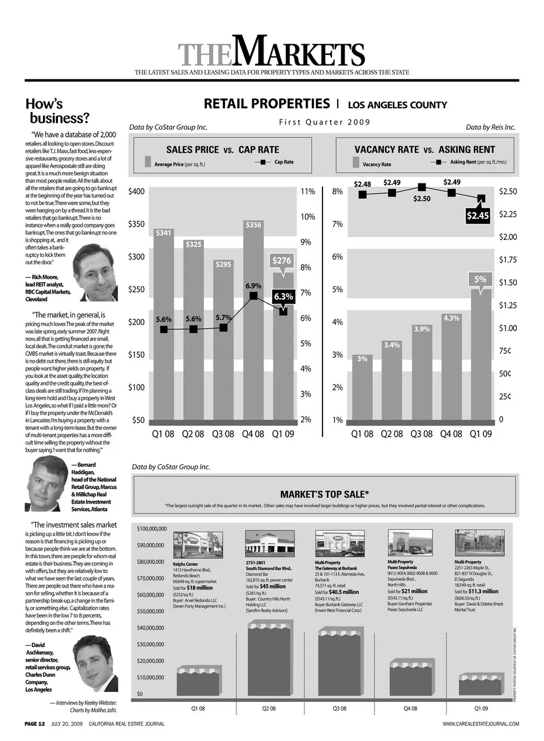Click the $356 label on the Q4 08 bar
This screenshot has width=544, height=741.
[x=253, y=225]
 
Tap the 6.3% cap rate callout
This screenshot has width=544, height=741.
[x=283, y=296]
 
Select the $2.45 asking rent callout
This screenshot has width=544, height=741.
[x=478, y=216]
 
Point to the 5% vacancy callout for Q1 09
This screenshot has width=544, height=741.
[x=480, y=279]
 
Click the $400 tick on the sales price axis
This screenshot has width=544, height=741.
[x=137, y=191]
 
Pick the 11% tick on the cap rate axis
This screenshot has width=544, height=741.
[x=307, y=191]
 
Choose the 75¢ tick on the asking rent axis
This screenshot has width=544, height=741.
[x=505, y=351]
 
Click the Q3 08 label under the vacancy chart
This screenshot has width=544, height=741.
[x=422, y=434]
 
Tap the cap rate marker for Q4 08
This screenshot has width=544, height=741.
[x=253, y=295]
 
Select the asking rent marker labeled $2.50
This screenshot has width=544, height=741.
[x=422, y=187]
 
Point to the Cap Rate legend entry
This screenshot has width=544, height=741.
[x=277, y=162]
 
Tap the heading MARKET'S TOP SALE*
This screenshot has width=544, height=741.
[x=325, y=494]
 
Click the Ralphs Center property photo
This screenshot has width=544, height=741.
[x=189, y=545]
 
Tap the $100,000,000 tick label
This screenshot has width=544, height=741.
[x=152, y=529]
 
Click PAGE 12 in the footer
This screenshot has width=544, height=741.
[x=35, y=723]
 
